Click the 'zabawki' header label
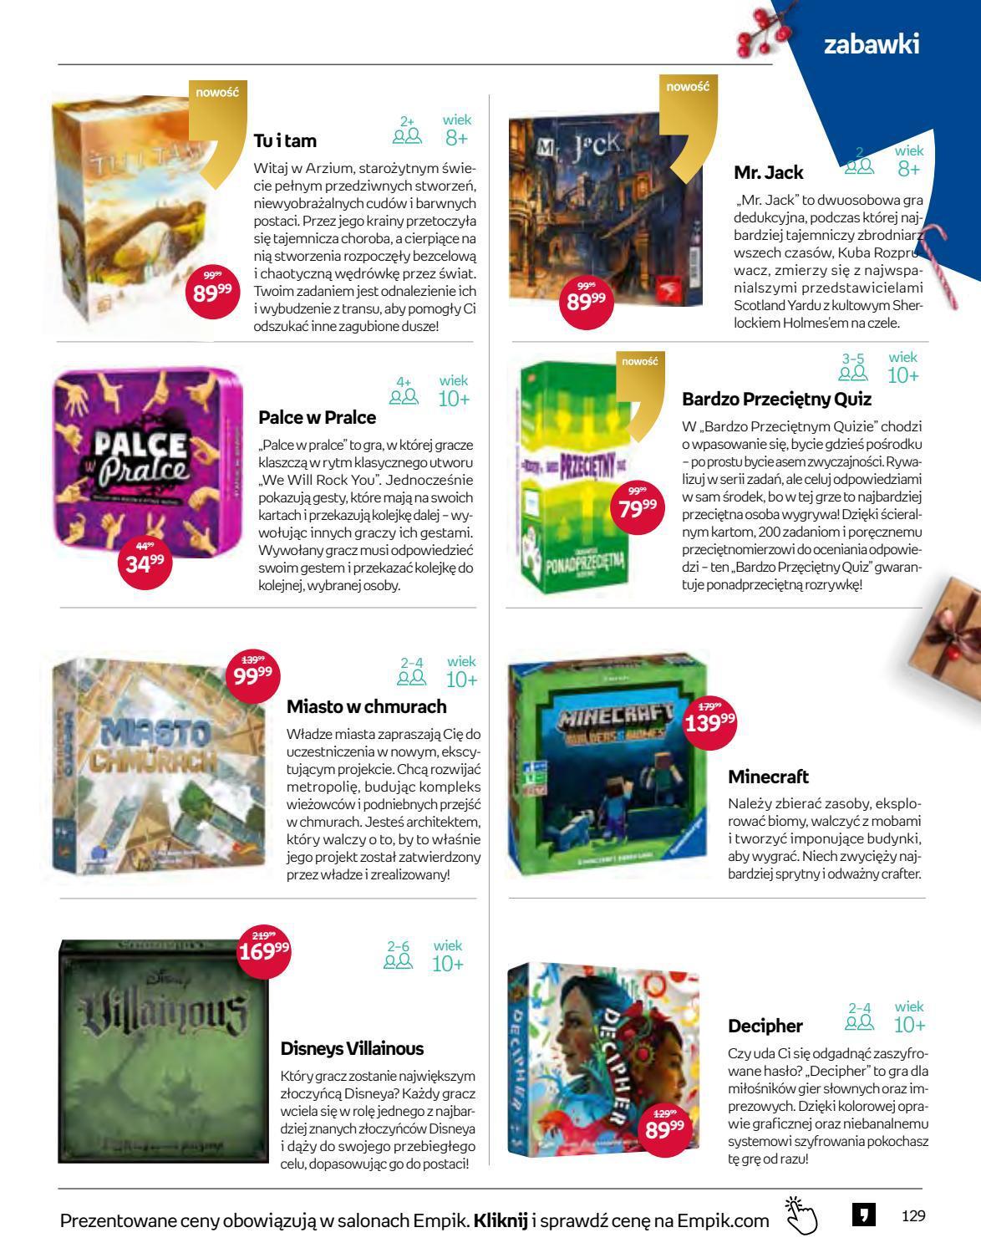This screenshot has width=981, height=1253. point(872,43)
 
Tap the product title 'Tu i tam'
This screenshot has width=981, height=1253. point(285,141)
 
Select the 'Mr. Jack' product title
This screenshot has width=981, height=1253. point(768,173)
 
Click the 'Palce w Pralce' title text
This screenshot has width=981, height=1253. point(318,416)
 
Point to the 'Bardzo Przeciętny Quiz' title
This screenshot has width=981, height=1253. point(776,399)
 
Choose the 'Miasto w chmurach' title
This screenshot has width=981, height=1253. point(366,706)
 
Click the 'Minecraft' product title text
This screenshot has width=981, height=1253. point(768,777)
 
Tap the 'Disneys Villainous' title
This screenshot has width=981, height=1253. point(352,1048)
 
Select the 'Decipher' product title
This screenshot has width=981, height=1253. point(765,1026)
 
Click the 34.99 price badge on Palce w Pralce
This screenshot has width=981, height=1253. point(145,563)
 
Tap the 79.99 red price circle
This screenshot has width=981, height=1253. point(638,508)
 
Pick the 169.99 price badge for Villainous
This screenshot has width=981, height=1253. point(264,950)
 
